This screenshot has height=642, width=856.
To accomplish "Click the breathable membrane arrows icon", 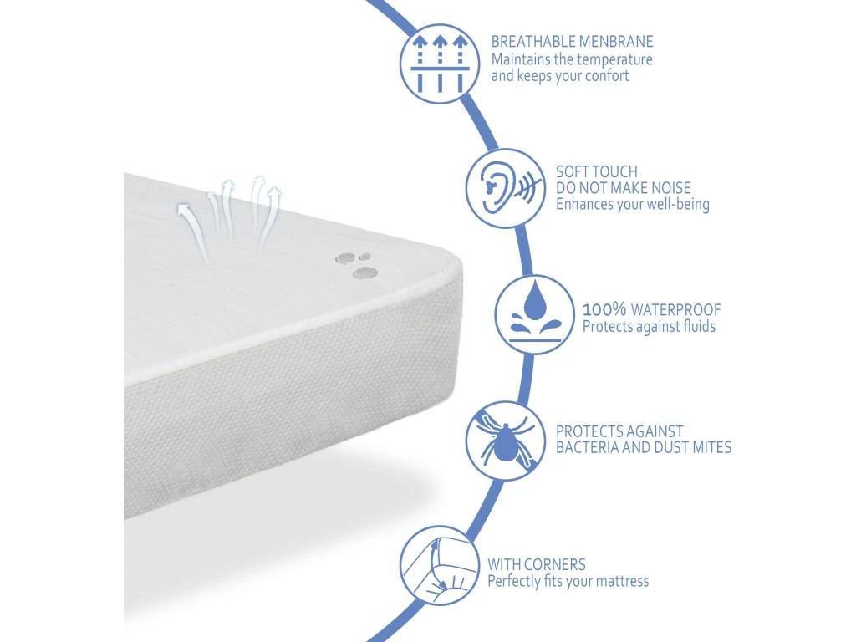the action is (x=440, y=64).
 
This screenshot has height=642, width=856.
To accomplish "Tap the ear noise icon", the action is (x=506, y=188).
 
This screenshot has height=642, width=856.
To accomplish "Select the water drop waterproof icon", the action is (x=535, y=314).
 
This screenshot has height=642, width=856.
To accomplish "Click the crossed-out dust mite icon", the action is (x=506, y=441).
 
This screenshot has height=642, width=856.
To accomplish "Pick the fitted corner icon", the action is (x=440, y=566).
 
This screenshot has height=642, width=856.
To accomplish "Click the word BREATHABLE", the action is (x=532, y=42).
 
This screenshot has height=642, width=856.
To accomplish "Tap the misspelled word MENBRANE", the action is (x=616, y=42).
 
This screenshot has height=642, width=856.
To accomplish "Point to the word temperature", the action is (x=614, y=59).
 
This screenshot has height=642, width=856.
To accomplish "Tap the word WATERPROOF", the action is (x=675, y=309).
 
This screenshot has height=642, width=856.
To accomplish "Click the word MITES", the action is (x=712, y=448).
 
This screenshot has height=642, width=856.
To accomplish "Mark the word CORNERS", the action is (x=554, y=564).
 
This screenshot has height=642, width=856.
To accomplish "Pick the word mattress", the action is (x=622, y=581).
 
